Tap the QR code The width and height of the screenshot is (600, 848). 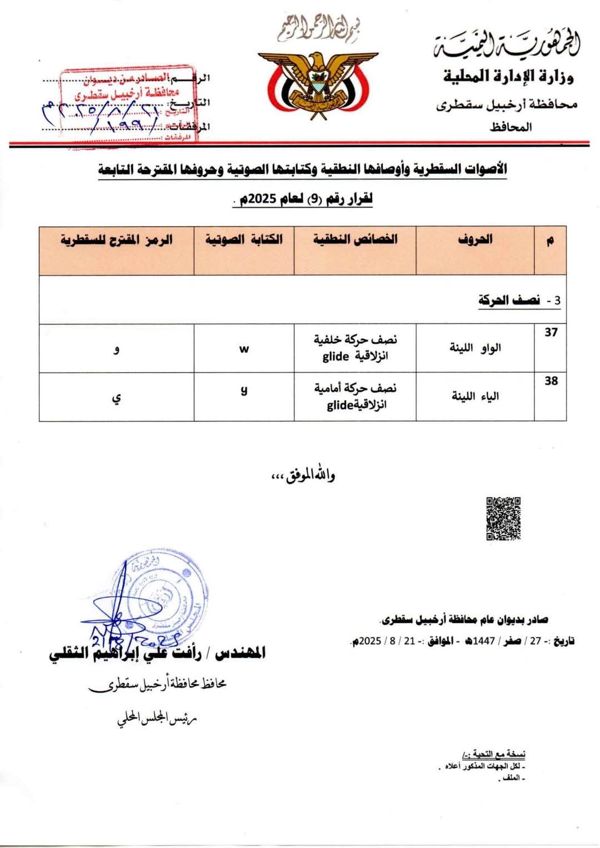(x=503, y=518)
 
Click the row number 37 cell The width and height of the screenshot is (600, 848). (x=551, y=333)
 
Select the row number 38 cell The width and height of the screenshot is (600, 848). (x=551, y=381)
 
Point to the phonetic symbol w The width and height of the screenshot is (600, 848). (x=244, y=348)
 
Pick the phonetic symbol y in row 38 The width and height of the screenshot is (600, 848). (x=244, y=390)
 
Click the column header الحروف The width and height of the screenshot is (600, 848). (x=475, y=240)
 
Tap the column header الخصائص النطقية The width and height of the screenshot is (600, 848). (x=355, y=240)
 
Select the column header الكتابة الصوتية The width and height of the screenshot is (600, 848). (x=244, y=240)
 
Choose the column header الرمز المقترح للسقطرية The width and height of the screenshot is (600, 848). (x=117, y=240)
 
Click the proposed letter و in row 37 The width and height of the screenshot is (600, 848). (x=117, y=350)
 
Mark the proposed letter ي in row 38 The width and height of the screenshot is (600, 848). (x=117, y=398)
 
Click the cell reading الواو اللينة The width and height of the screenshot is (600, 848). (x=475, y=348)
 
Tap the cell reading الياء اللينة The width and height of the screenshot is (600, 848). (x=475, y=396)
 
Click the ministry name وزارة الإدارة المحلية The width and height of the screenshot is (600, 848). (x=508, y=76)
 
